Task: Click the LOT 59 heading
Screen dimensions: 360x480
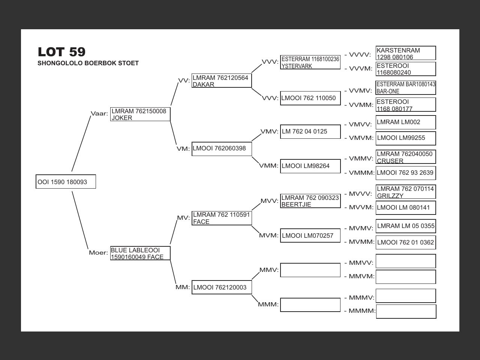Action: tap(61, 52)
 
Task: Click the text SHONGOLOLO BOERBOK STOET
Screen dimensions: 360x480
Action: tap(88, 63)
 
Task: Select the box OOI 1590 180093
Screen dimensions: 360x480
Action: tap(66, 182)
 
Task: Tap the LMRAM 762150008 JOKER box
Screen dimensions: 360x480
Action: tap(140, 114)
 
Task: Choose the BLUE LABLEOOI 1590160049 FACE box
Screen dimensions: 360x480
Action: tap(140, 253)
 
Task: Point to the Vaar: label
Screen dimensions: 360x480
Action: tap(99, 114)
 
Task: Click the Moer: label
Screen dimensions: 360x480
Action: tap(98, 253)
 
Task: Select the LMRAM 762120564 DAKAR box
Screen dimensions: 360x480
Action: tap(221, 81)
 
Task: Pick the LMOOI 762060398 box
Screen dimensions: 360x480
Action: tap(221, 148)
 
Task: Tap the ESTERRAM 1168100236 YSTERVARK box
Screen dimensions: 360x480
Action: tap(310, 63)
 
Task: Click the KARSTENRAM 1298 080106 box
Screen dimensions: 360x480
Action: tap(406, 53)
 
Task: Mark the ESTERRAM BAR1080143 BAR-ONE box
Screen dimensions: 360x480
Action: tap(406, 88)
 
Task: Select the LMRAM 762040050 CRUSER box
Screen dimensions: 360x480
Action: tap(406, 157)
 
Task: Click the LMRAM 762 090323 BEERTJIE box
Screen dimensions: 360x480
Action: tap(310, 201)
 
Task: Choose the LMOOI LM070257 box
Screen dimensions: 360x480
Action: tap(310, 235)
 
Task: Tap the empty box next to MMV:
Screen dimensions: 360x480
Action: tap(310, 270)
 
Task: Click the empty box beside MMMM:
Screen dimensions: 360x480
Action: tap(406, 312)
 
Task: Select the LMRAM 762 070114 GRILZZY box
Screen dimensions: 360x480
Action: tap(406, 192)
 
